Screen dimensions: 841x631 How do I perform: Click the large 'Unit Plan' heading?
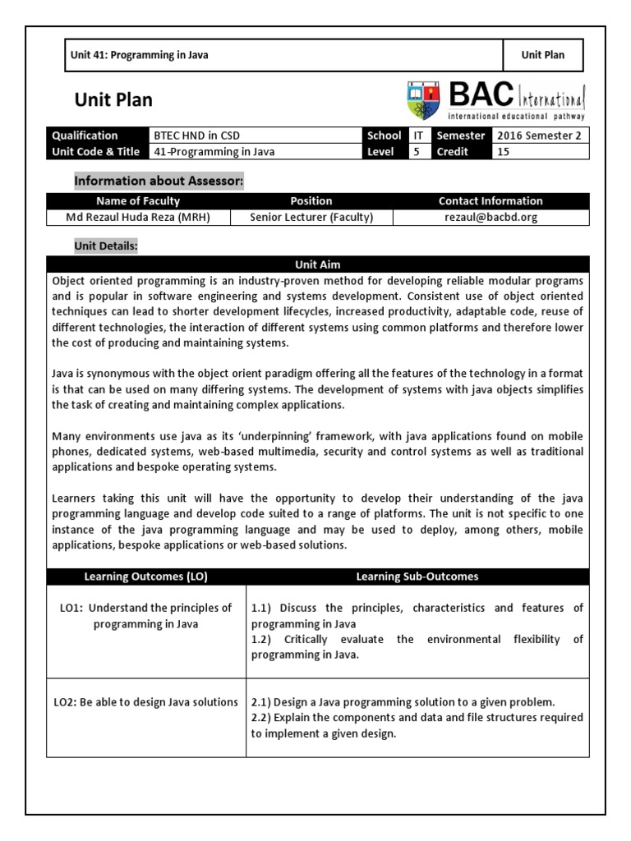pos(113,101)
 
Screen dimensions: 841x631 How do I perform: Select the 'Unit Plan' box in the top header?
pos(543,55)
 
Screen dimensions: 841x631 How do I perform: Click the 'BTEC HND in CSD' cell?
pos(197,136)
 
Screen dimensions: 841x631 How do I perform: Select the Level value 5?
pos(417,152)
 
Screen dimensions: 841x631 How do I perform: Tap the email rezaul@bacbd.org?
pos(491,217)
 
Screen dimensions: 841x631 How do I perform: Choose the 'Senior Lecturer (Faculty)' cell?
pos(311,217)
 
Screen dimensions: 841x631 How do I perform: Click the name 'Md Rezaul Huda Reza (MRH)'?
pos(138,217)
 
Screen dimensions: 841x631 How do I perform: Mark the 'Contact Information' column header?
pos(491,200)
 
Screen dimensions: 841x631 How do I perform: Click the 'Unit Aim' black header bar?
pos(317,264)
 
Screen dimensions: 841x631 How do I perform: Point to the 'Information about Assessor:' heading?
pos(159,180)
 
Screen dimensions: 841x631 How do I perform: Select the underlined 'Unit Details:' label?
pos(106,246)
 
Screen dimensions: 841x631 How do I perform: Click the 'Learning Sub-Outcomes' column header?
pos(417,577)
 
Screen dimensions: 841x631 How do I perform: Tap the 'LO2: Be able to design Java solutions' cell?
pos(146,701)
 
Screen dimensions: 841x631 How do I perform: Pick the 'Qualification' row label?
pos(85,136)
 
